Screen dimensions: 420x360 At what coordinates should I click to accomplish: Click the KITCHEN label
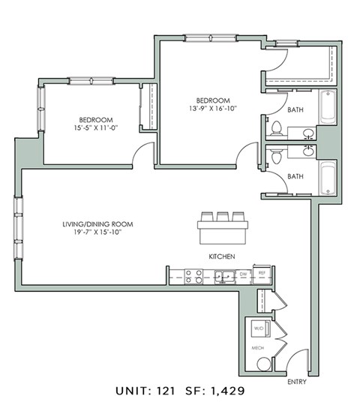coord(222,257)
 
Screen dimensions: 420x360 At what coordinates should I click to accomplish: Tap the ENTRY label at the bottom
coord(297,382)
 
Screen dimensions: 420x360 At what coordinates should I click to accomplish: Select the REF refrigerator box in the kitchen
coord(261,275)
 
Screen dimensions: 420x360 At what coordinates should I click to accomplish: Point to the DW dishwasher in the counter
coord(243,275)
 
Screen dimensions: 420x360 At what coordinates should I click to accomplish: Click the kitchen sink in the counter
coord(223,277)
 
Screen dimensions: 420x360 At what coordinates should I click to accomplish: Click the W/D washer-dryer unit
coord(259,328)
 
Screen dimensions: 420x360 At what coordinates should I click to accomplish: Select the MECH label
coord(258,348)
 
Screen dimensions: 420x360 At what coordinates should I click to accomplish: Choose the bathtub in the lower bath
coord(328,177)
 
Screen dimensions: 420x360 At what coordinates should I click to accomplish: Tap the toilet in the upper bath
coord(275,128)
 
